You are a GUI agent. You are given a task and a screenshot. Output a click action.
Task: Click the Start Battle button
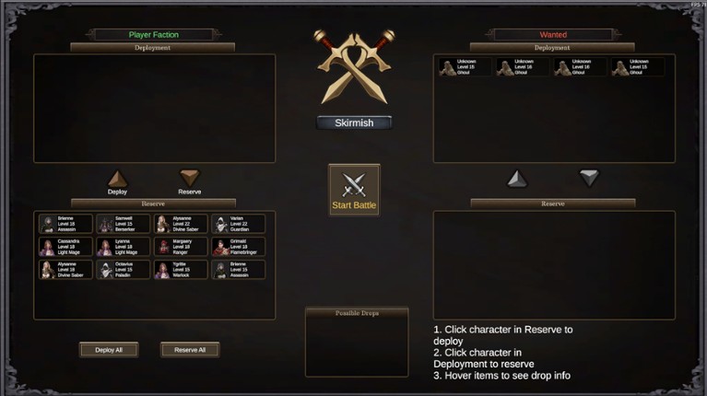tap(354, 191)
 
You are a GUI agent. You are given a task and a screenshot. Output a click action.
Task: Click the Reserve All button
tap(190, 350)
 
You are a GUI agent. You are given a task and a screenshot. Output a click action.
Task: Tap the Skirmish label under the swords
tap(354, 122)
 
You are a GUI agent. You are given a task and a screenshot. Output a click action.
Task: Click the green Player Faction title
tap(153, 35)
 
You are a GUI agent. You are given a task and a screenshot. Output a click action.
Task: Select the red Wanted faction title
tap(553, 35)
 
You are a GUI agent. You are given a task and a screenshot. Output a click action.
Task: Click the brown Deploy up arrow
tap(117, 179)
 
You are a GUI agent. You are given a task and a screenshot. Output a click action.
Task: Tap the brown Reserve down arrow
tap(189, 178)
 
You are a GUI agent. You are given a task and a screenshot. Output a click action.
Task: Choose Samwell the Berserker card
tap(124, 224)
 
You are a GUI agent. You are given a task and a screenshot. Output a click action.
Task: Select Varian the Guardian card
tap(238, 224)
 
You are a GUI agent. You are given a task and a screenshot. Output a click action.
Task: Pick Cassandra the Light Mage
tap(65, 247)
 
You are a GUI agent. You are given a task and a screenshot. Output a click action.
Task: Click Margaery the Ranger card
tap(181, 247)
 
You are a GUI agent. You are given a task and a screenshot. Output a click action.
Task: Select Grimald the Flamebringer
tap(238, 247)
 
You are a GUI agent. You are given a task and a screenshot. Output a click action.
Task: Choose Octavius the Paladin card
tap(124, 270)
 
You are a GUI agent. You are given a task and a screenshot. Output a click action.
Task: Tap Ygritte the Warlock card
tap(181, 270)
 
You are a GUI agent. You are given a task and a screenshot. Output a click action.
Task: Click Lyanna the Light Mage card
tap(124, 247)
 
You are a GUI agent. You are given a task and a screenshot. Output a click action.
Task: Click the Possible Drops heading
tap(357, 313)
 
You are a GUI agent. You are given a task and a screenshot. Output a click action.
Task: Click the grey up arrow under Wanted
tap(517, 179)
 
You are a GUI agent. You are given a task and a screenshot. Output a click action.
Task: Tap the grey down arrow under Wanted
tap(589, 178)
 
